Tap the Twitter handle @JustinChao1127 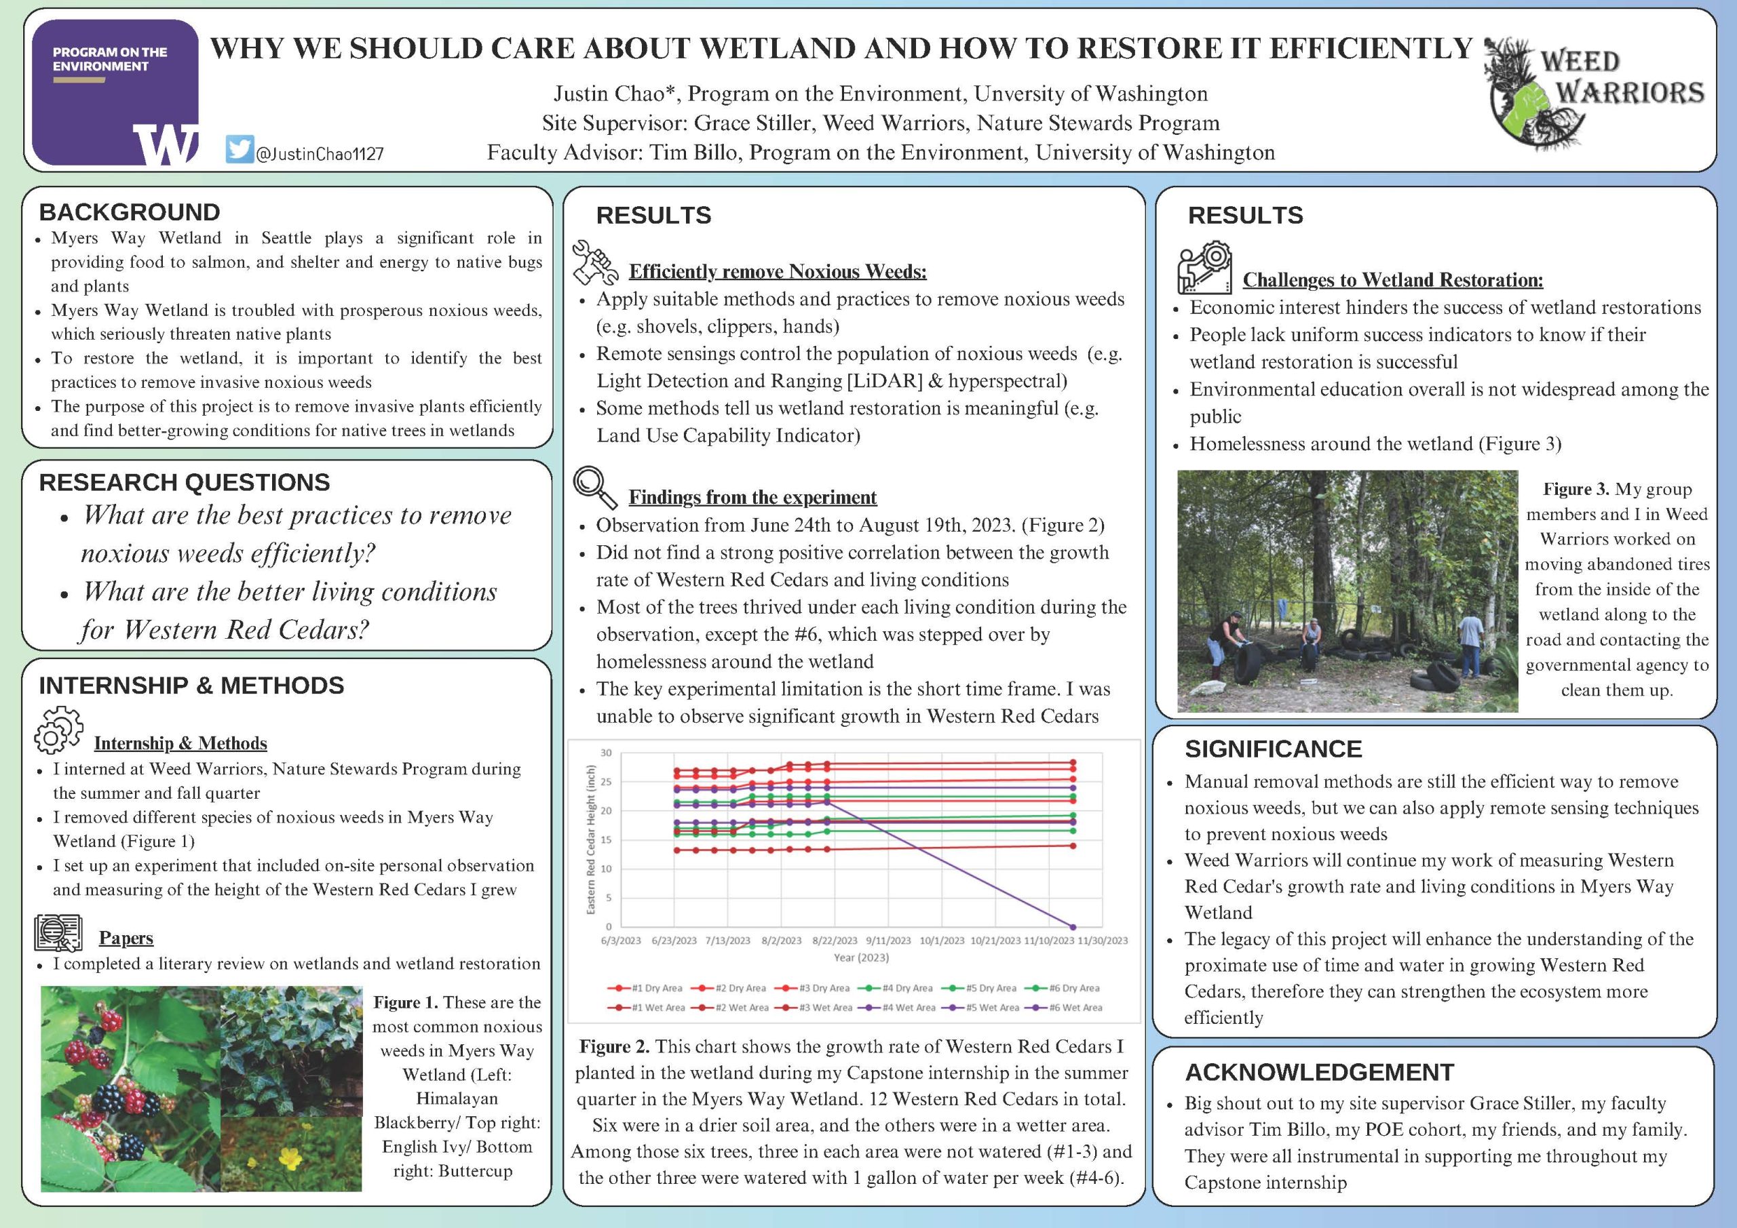[320, 154]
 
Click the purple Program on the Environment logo [115, 92]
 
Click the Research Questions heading [184, 482]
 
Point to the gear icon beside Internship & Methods [58, 730]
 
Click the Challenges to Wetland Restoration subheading [1393, 280]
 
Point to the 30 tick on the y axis [606, 753]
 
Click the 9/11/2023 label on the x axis [888, 940]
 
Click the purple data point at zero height [1073, 926]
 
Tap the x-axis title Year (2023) [861, 957]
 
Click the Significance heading [1274, 749]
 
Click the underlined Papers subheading [126, 938]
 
